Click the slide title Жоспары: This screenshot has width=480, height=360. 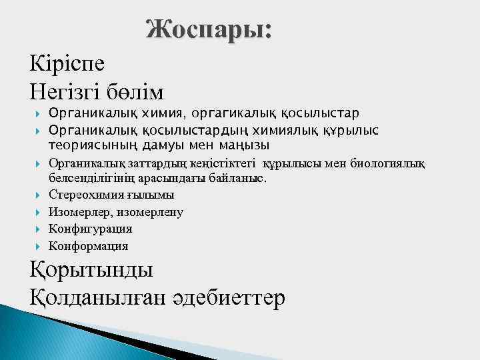coord(209,29)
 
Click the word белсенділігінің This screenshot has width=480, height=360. coord(93,179)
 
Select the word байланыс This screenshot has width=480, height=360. coord(238,179)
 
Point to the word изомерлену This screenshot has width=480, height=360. coord(153,212)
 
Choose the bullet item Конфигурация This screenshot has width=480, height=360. coord(91,229)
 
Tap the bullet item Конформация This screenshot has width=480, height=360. coord(89,246)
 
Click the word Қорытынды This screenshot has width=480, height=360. coord(91,270)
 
